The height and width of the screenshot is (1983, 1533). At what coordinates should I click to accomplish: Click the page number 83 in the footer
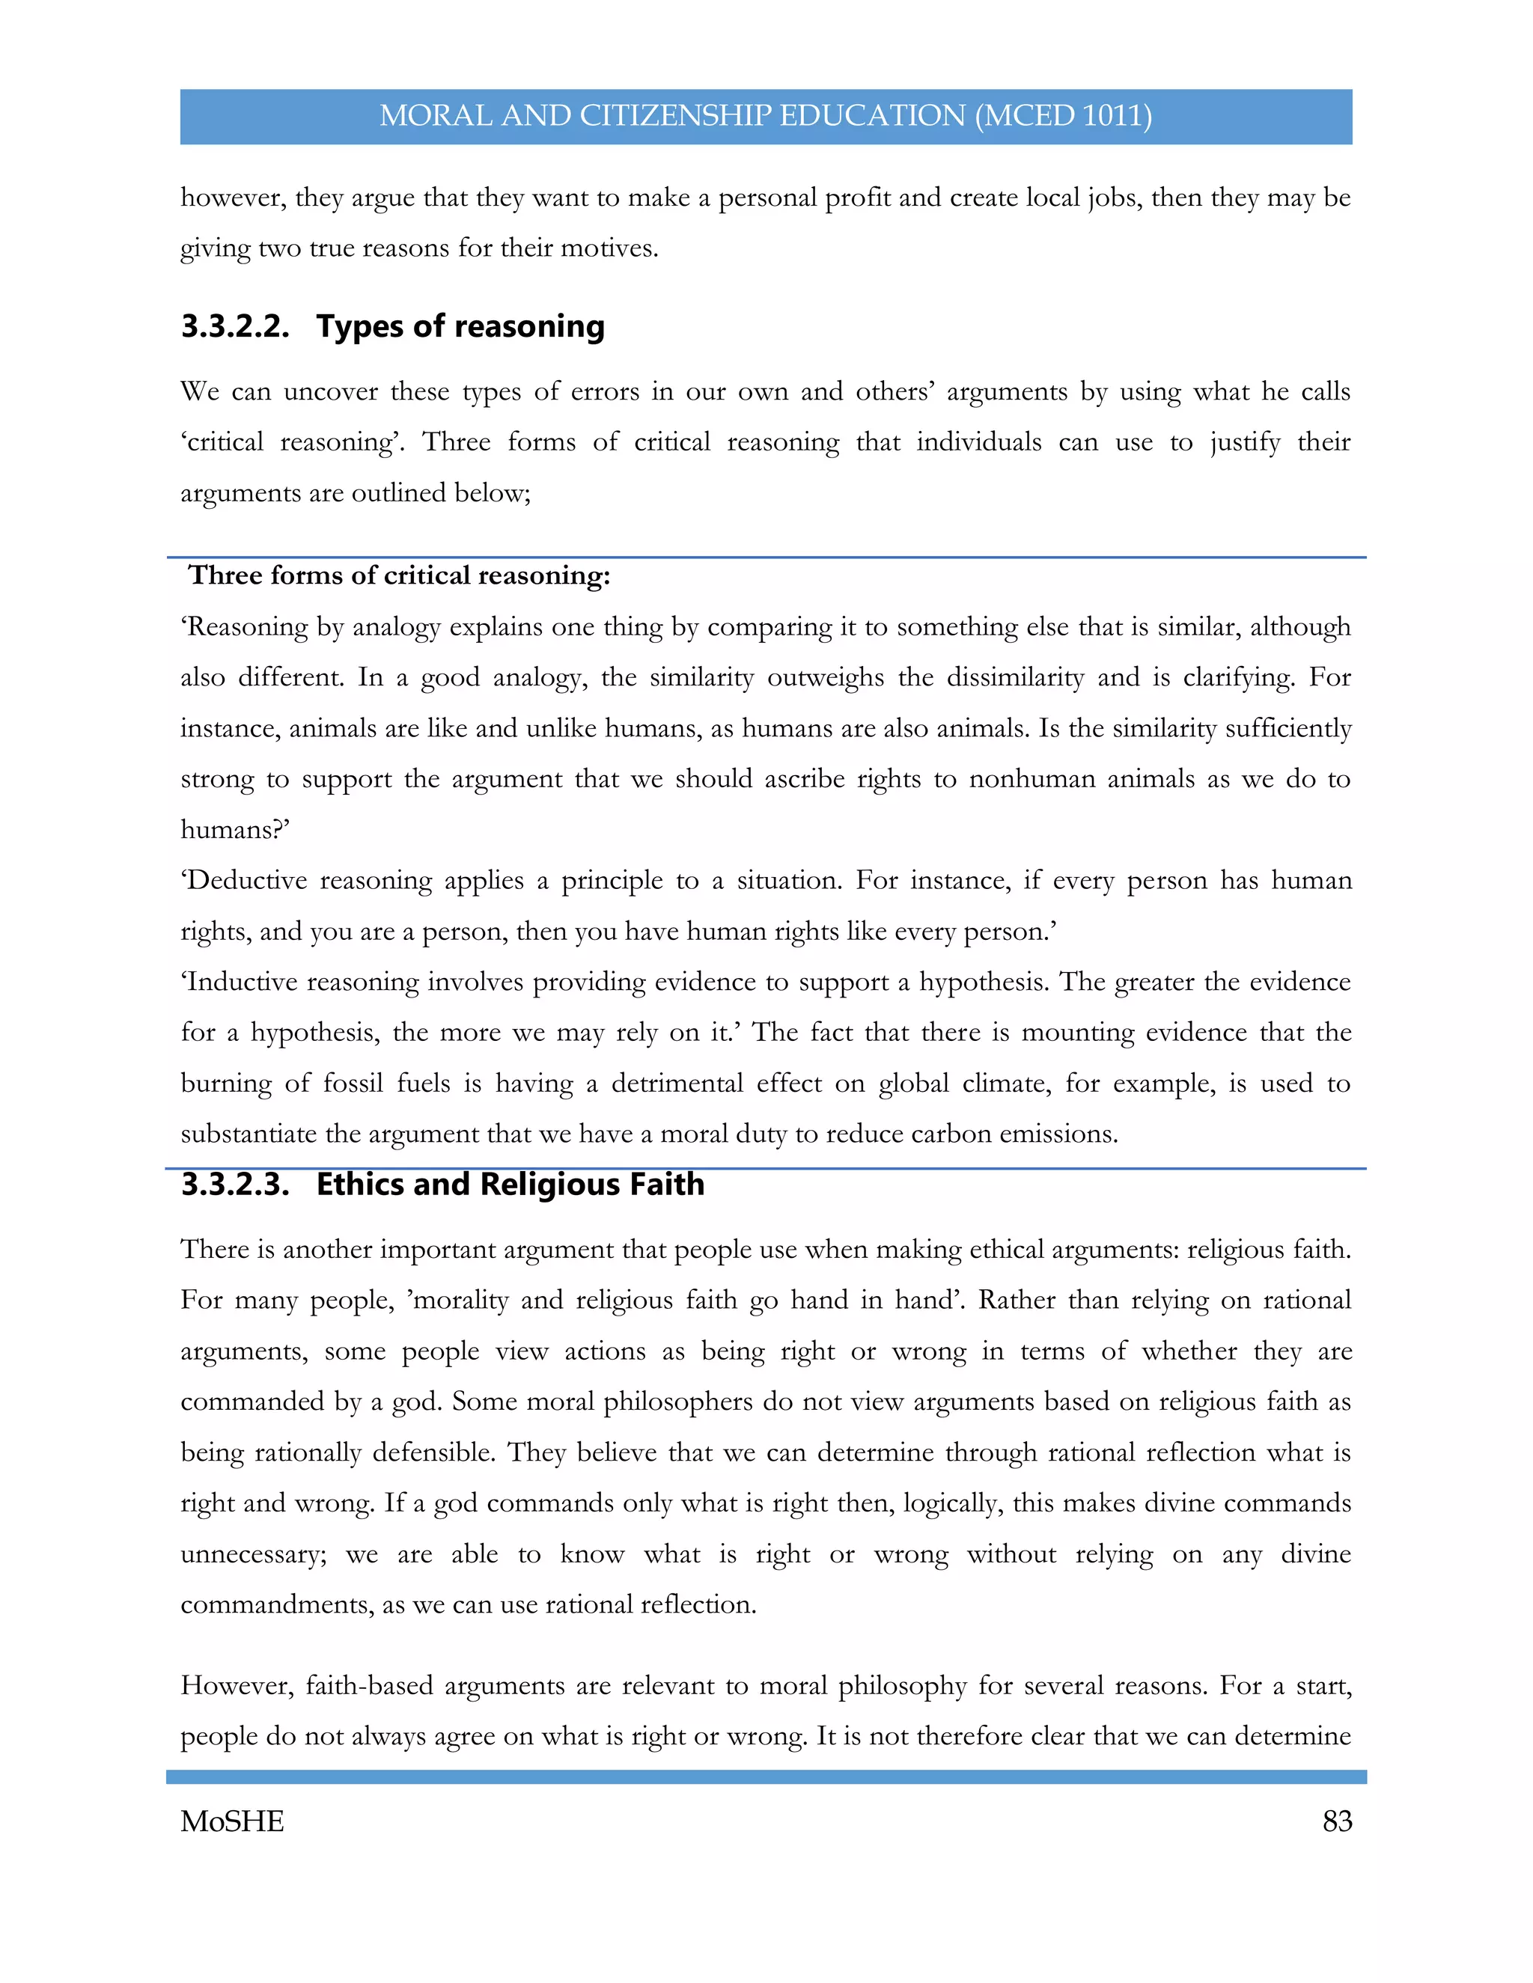1337,1821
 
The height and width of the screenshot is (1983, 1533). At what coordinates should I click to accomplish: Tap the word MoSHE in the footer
233,1821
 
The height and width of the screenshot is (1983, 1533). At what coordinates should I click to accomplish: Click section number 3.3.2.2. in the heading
235,326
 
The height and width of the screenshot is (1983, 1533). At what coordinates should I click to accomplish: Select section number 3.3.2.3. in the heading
235,1184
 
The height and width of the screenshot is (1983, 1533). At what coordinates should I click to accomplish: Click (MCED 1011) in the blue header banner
1064,116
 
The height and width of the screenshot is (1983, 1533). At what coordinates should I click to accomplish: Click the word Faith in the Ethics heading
668,1184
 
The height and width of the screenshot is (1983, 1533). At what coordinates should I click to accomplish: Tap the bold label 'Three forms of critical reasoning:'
399,575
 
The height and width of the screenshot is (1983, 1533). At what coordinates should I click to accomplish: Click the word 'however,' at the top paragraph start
234,198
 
